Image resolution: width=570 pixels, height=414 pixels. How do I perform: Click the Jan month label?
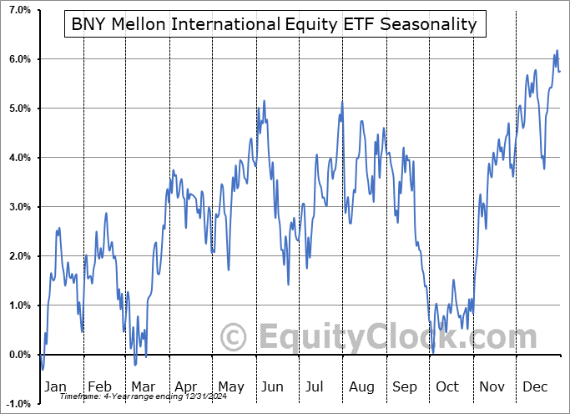click(56, 386)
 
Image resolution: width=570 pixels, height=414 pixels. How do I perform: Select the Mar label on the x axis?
click(143, 386)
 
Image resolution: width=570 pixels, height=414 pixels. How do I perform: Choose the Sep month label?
click(404, 386)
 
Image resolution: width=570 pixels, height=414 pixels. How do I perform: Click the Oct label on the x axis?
click(447, 386)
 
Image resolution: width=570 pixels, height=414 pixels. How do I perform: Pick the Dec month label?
click(534, 386)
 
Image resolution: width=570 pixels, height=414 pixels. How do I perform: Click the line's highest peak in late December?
click(557, 51)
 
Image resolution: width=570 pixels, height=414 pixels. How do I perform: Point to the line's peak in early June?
click(265, 101)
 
